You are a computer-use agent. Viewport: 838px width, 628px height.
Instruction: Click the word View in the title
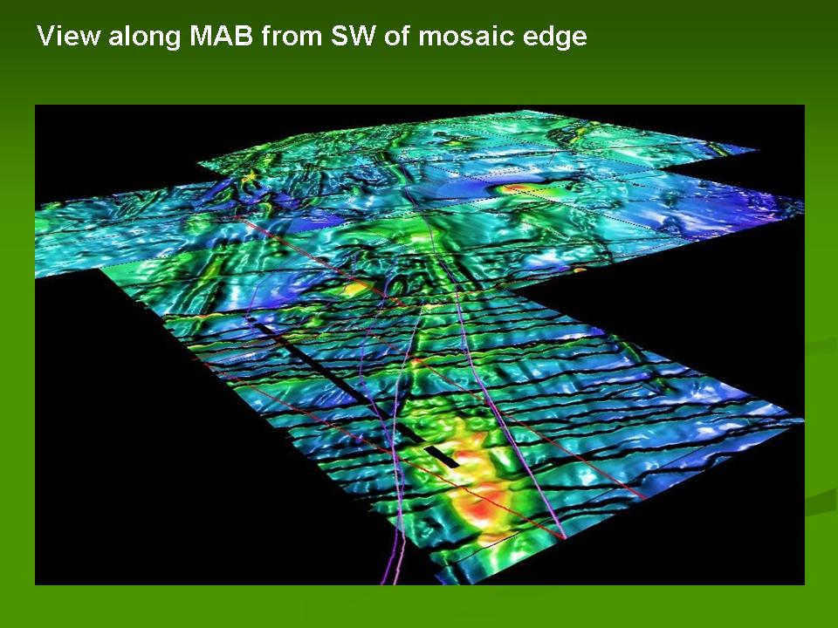click(68, 36)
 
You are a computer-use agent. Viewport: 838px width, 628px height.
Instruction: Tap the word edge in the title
click(547, 38)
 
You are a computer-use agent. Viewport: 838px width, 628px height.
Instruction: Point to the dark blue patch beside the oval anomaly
click(460, 189)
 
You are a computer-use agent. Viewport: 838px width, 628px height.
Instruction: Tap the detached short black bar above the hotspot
click(442, 457)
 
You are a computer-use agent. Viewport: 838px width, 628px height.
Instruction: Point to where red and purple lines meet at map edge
click(561, 536)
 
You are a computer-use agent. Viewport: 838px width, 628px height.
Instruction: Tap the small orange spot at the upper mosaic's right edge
click(578, 270)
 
